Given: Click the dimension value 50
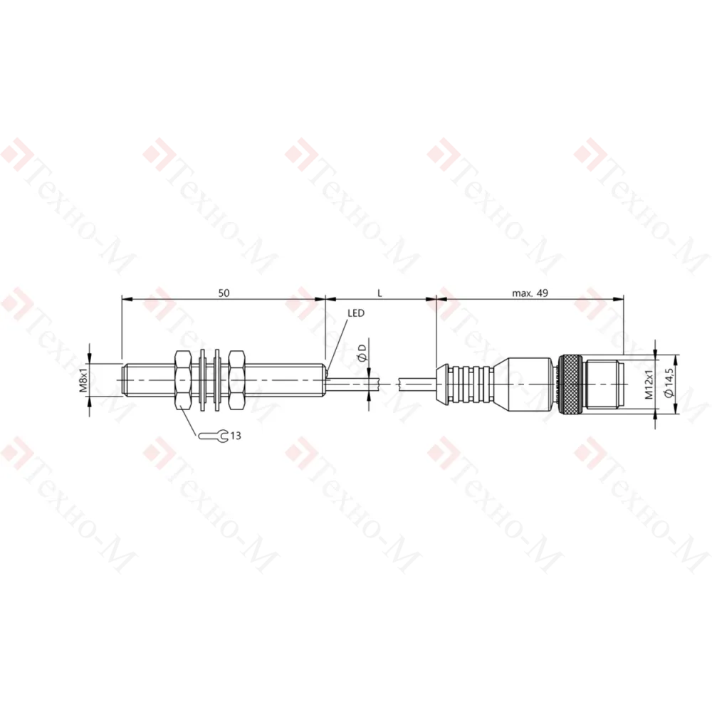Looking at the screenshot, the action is tap(224, 293).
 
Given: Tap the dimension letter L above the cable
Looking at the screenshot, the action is tap(380, 293).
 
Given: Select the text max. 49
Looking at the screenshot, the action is tap(530, 293).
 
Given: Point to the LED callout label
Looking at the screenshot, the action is tap(356, 313).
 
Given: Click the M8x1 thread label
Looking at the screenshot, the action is tap(83, 380).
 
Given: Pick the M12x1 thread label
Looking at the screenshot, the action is tap(649, 384).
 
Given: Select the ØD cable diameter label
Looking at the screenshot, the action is tap(362, 353).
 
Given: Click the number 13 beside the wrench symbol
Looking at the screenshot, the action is tap(236, 436).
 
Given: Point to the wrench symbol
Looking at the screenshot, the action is tap(214, 436).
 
